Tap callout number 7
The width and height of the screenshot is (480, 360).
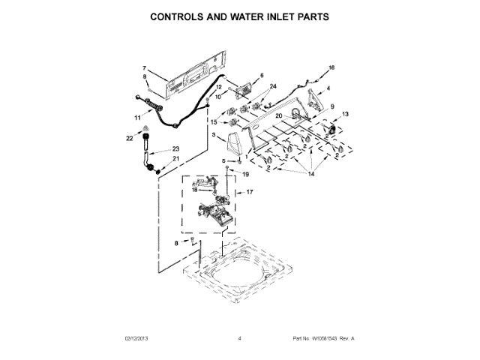coord(144,69)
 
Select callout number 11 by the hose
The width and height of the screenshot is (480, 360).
coord(137,118)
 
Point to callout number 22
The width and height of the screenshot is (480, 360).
coord(129,139)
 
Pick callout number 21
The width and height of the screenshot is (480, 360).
coord(176,158)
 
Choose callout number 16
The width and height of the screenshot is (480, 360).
coord(331,68)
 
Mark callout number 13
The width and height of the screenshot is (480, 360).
coord(345,114)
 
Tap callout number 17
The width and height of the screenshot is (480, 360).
coord(250,192)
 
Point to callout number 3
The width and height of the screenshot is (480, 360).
coord(214,135)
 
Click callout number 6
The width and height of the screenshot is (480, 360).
coord(262,76)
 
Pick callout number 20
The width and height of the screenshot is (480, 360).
coord(277,116)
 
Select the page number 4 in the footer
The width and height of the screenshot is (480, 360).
coord(239,339)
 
